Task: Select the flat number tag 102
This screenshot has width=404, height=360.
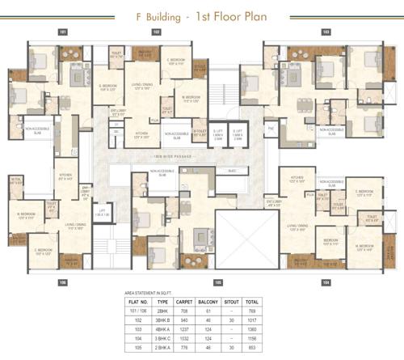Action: pyautogui.click(x=157, y=32)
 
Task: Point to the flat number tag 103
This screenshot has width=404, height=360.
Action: pyautogui.click(x=326, y=32)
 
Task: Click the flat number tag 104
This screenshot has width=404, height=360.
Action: pyautogui.click(x=326, y=282)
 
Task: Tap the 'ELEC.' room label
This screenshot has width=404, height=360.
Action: pyautogui.click(x=232, y=171)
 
